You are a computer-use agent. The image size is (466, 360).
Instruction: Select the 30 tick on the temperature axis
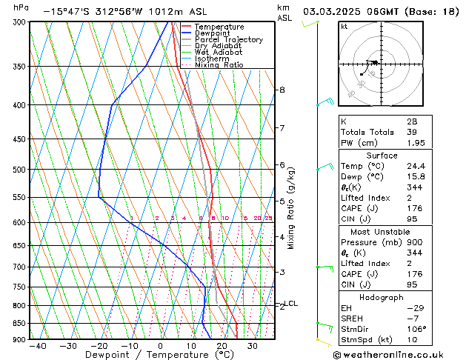pyautogui.click(x=253, y=346)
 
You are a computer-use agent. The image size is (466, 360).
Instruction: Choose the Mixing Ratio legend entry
pyautogui.click(x=219, y=65)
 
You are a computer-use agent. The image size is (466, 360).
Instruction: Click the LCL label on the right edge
pyautogui.click(x=292, y=303)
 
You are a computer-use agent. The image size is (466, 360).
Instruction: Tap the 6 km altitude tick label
pyautogui.click(x=282, y=164)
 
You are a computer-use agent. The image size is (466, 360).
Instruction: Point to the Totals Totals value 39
pyautogui.click(x=412, y=132)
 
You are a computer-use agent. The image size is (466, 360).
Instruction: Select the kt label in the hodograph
pyautogui.click(x=344, y=27)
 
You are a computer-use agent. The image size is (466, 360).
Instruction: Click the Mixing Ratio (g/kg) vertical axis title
pyautogui.click(x=291, y=207)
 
